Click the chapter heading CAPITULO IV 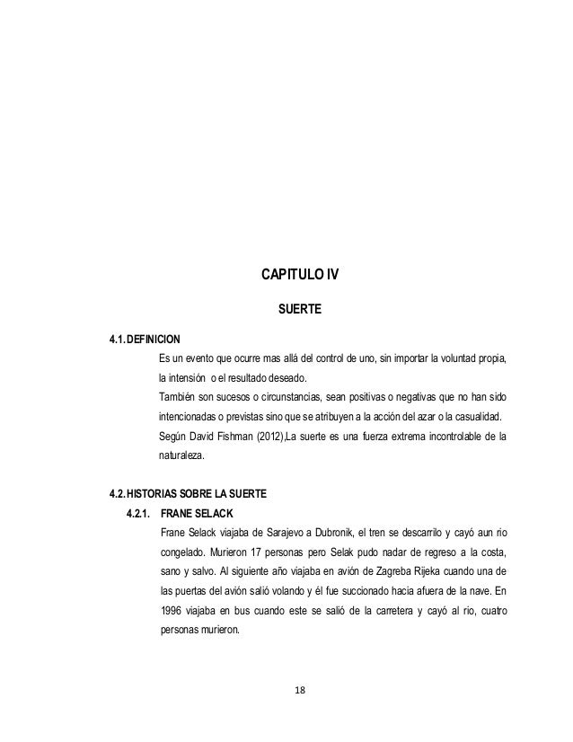(x=297, y=272)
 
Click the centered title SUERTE (x=297, y=310)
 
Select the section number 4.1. (x=116, y=340)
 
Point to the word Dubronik (x=332, y=532)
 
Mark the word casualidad (x=476, y=418)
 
